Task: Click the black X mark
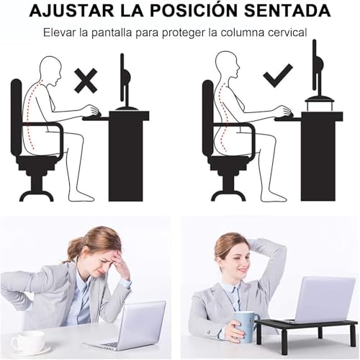[86, 80]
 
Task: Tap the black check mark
[278, 74]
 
